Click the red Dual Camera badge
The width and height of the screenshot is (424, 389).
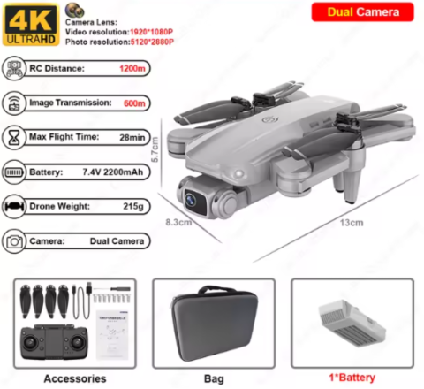click(x=362, y=12)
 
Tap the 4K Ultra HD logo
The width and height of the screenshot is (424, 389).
click(x=31, y=25)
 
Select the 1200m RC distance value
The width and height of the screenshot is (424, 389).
click(x=132, y=68)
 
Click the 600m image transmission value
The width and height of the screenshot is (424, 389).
click(x=134, y=103)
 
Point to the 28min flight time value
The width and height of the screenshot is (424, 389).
click(x=132, y=137)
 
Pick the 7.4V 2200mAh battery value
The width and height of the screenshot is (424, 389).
click(x=113, y=172)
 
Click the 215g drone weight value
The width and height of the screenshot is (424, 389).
click(x=133, y=206)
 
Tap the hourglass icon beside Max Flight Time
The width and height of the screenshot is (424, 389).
click(x=14, y=137)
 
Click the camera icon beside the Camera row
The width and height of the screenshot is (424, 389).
click(x=14, y=241)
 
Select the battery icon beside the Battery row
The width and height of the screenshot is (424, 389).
click(x=13, y=172)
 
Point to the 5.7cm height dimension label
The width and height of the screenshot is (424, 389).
click(x=155, y=149)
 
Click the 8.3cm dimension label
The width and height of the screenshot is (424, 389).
click(x=178, y=222)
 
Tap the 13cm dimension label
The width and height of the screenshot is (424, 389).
click(x=352, y=223)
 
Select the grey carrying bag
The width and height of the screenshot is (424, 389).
click(x=214, y=323)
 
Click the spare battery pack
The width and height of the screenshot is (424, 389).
click(x=352, y=323)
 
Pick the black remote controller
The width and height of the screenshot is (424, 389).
click(x=54, y=342)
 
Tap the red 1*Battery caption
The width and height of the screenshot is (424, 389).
click(x=352, y=378)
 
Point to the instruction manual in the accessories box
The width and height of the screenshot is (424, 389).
click(x=113, y=335)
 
